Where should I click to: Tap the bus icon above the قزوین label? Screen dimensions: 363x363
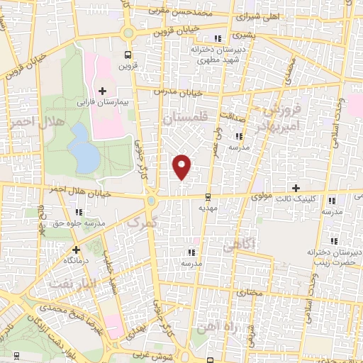[x=128, y=55]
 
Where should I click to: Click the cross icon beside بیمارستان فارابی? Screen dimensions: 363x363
[x=103, y=91]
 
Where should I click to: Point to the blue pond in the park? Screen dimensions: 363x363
[x=84, y=147]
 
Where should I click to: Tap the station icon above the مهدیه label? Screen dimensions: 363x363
[x=207, y=197]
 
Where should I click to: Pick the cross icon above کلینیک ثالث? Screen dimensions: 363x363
[x=296, y=186]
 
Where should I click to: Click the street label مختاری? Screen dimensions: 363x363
[x=247, y=291]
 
